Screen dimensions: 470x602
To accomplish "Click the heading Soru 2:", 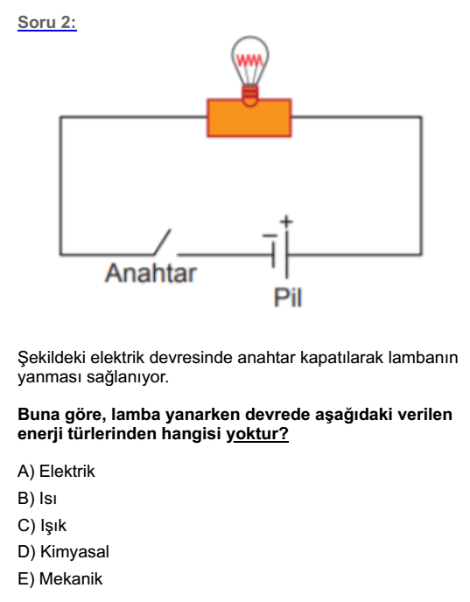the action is (47, 22).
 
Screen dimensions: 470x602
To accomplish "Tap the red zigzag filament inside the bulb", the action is (250, 60).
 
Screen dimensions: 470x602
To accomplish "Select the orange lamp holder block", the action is (249, 118).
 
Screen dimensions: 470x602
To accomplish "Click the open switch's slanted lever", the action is (162, 241).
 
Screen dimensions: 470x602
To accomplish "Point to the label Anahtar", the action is (151, 273).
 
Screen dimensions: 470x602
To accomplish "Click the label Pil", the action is (288, 297).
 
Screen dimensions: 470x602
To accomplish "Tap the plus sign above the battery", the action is (285, 221).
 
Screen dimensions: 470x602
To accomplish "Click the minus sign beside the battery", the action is (270, 235).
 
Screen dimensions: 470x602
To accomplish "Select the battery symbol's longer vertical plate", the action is (286, 254).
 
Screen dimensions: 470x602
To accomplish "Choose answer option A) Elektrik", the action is (56, 471).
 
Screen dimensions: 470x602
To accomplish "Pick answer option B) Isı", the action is (37, 498).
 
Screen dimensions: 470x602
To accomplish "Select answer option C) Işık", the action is (42, 525).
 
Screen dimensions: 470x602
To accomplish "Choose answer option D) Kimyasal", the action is (63, 552).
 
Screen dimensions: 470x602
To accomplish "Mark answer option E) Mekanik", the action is (60, 578).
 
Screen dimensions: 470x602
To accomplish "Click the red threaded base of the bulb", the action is (250, 95).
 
